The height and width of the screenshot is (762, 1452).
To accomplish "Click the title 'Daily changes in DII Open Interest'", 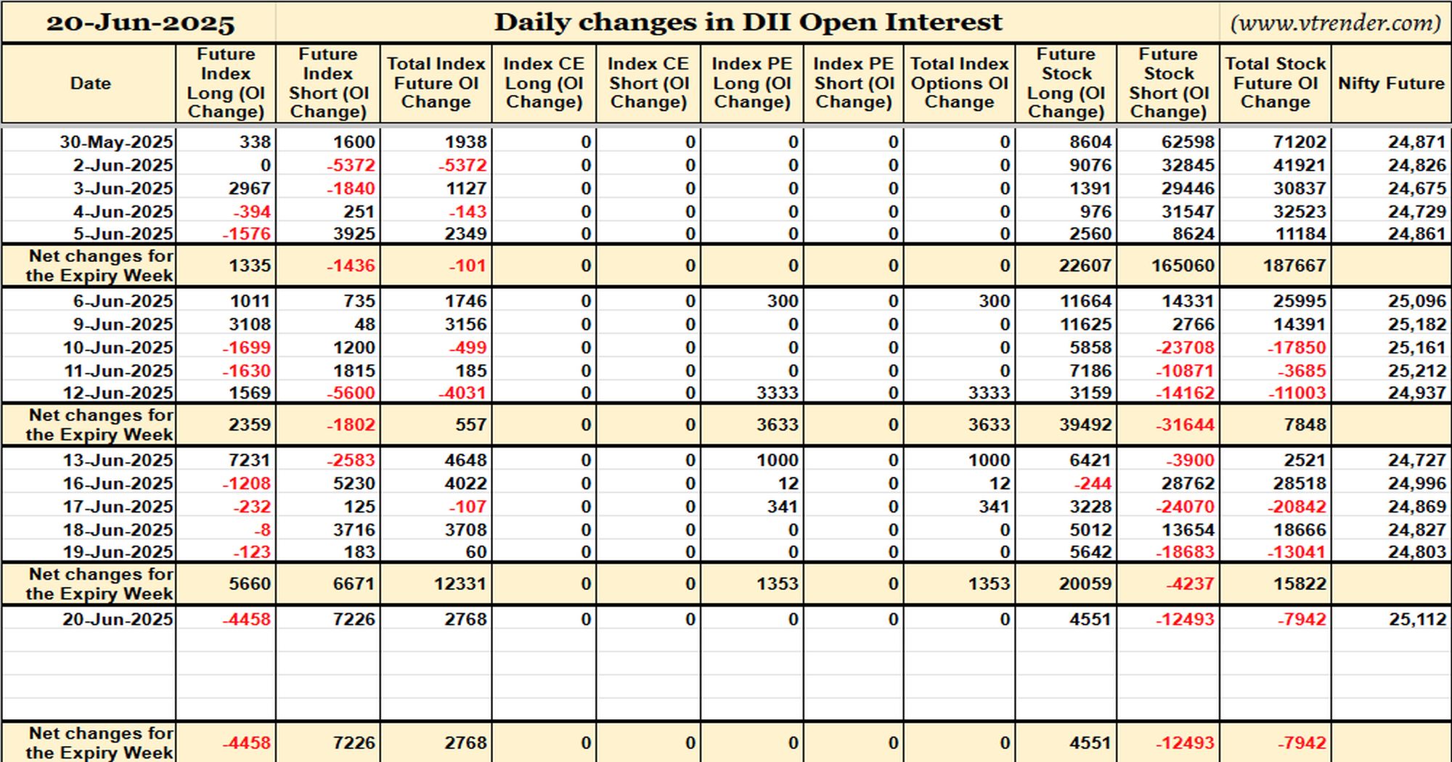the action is click(748, 22).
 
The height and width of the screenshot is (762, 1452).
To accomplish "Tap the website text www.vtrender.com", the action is click(1335, 22).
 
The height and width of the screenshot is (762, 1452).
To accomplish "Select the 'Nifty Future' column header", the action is click(1391, 83).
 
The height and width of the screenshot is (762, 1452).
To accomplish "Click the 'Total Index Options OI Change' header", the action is click(959, 83).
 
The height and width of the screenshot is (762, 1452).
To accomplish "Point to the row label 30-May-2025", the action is click(116, 142).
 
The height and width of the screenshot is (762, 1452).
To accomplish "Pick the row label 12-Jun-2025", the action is click(118, 393).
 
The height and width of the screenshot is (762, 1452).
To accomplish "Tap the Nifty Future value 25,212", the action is click(1417, 371).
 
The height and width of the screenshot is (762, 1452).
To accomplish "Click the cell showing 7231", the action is click(249, 460).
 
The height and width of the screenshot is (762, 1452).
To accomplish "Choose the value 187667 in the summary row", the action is click(1294, 266).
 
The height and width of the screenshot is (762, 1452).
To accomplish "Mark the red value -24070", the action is click(1185, 507).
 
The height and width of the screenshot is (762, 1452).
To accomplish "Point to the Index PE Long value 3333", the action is click(777, 393).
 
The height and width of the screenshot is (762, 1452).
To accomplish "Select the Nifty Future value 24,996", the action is click(1417, 483).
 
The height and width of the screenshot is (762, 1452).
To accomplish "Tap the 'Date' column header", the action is click(91, 83).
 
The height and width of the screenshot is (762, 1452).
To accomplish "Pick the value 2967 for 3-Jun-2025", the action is click(249, 189).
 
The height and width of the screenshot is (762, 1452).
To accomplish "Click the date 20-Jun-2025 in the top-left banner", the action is click(141, 23).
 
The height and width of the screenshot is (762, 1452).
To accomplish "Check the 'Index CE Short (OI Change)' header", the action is click(648, 83).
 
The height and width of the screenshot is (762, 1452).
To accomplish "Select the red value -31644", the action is click(1185, 425).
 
